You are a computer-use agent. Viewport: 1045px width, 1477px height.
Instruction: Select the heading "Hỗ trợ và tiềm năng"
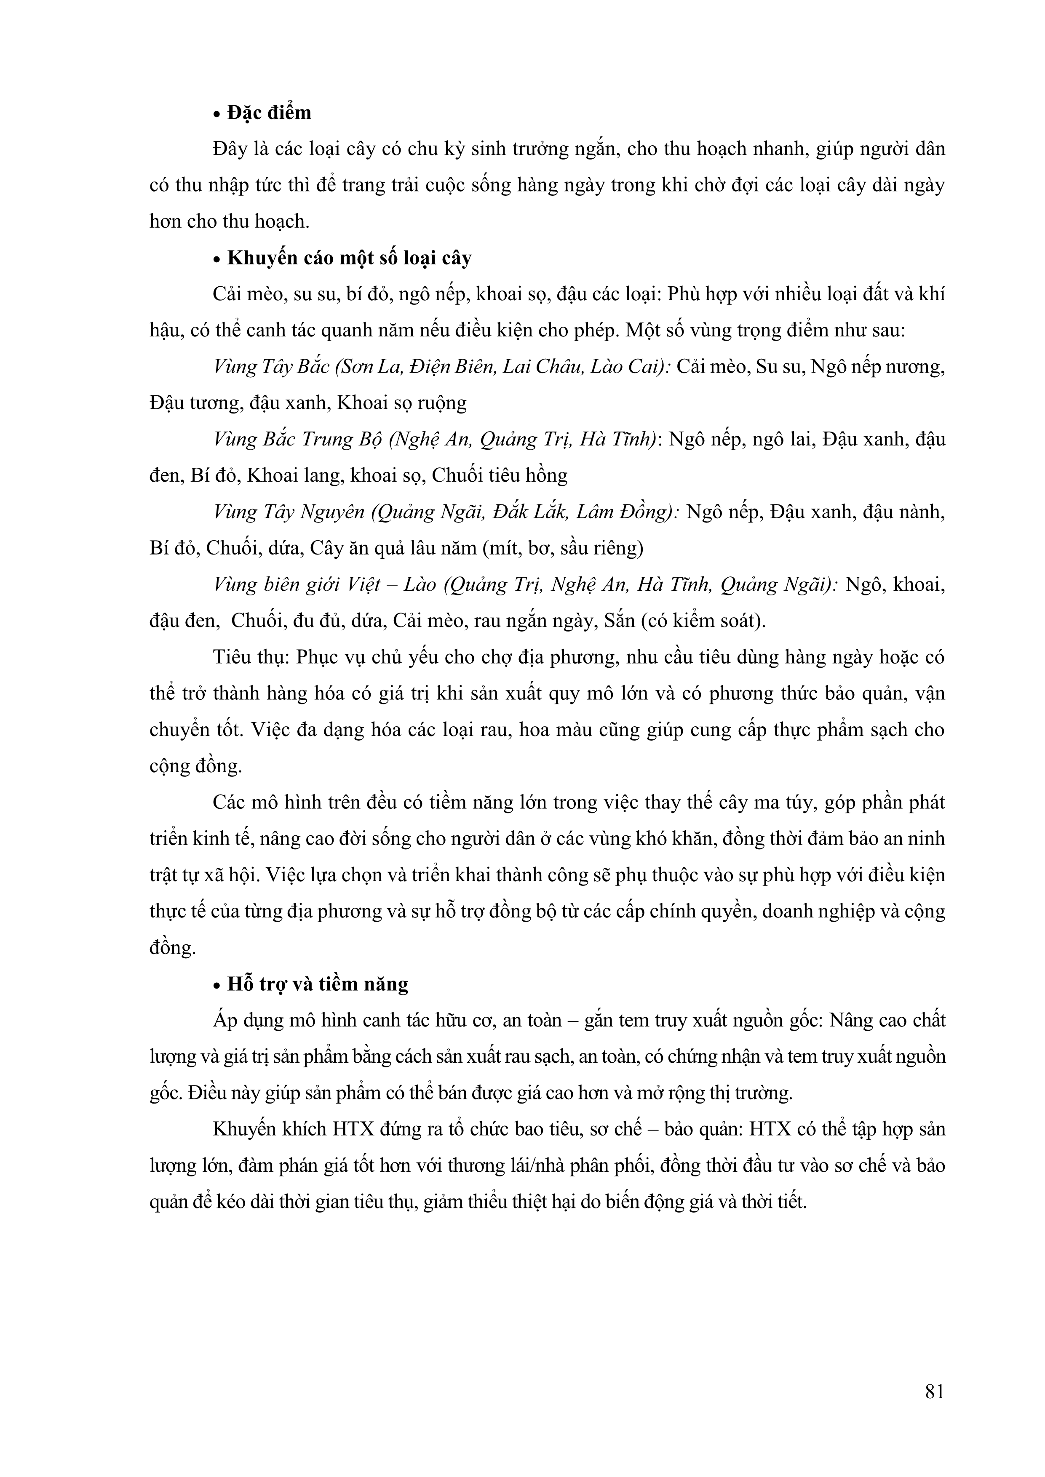318,984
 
